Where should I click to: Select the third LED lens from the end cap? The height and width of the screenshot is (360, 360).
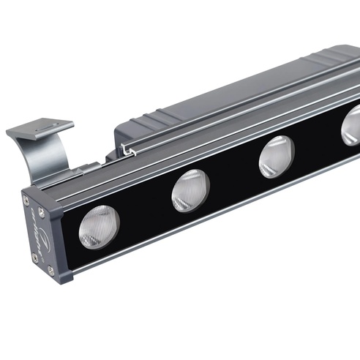pyautogui.click(x=276, y=157)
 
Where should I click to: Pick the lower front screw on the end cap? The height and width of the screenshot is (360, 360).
pyautogui.click(x=50, y=271)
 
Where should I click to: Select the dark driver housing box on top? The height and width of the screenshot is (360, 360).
pyautogui.click(x=220, y=95)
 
